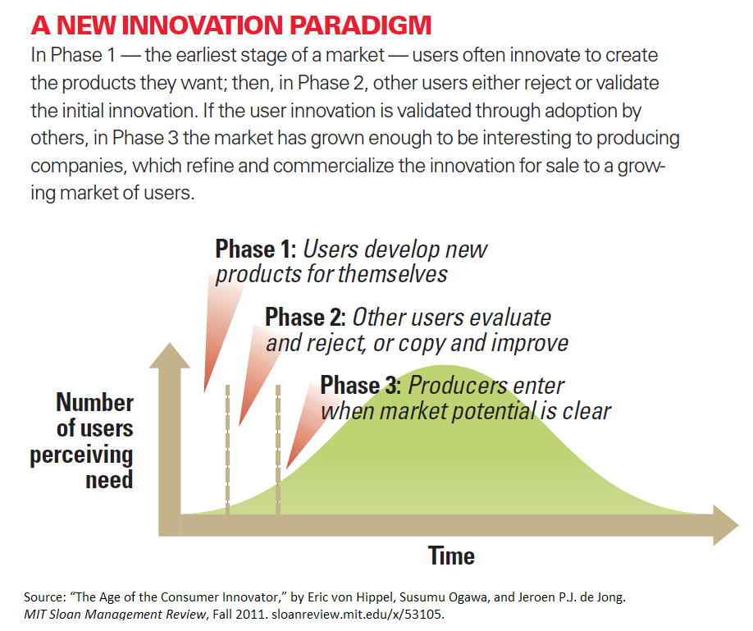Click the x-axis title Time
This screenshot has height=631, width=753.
(451, 556)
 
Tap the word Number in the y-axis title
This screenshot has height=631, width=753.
(94, 403)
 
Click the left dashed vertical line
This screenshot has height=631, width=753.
(227, 447)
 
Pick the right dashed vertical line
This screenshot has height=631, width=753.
(278, 447)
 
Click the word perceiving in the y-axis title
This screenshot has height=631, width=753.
(81, 454)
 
